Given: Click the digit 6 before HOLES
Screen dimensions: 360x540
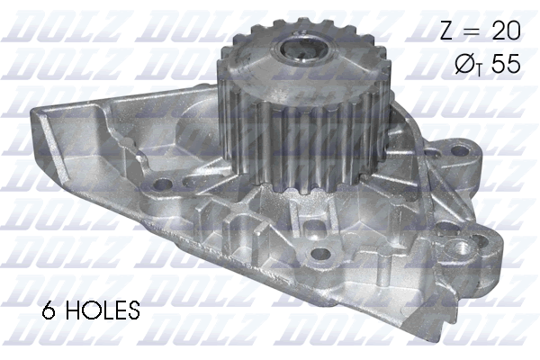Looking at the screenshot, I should [49, 312].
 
